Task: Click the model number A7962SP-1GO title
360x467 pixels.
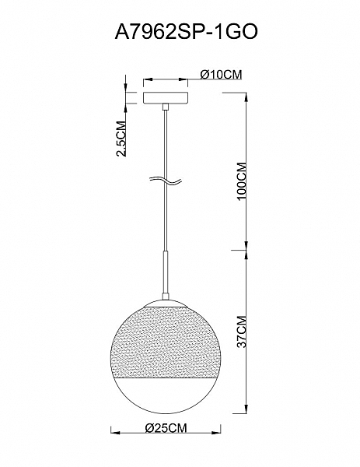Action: coord(186,32)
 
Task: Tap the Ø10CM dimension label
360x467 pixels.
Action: coord(221,75)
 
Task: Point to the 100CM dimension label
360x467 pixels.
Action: coord(242,181)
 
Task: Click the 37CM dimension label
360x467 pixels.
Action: coord(242,332)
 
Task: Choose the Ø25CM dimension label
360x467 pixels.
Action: coord(166,428)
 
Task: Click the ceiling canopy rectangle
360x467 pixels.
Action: coord(166,98)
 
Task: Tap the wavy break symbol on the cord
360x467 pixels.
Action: coord(166,181)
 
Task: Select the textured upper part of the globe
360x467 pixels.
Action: coord(166,342)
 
